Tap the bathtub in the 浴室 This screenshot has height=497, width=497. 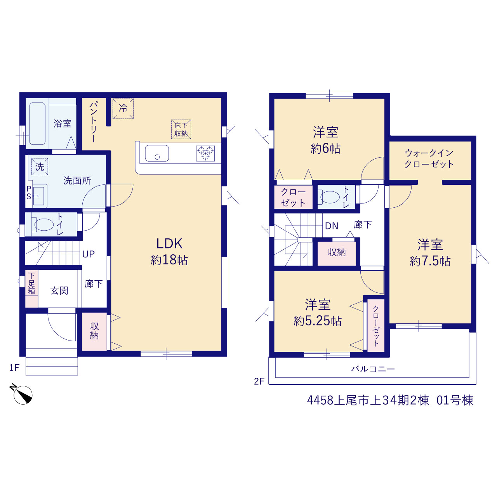point(37,124)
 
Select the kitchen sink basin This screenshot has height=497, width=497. point(157,153)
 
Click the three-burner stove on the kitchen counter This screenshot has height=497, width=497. point(205,153)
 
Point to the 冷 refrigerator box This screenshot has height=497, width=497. point(123,108)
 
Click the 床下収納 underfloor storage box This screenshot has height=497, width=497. point(181,129)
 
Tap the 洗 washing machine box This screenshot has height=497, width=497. point(40,167)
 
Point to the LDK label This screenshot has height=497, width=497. point(169,244)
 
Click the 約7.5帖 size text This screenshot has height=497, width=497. point(430,261)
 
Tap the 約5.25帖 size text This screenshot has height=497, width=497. point(318,321)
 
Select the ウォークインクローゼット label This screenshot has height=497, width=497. point(429,159)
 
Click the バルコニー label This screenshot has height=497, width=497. point(373,369)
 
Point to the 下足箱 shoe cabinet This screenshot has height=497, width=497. point(31,289)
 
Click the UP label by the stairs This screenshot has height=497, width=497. point(89,254)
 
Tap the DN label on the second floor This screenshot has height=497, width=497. point(332,226)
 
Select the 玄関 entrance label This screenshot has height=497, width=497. point(59,291)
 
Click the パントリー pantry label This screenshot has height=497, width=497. point(93,122)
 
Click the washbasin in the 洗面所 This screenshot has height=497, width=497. point(39,196)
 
